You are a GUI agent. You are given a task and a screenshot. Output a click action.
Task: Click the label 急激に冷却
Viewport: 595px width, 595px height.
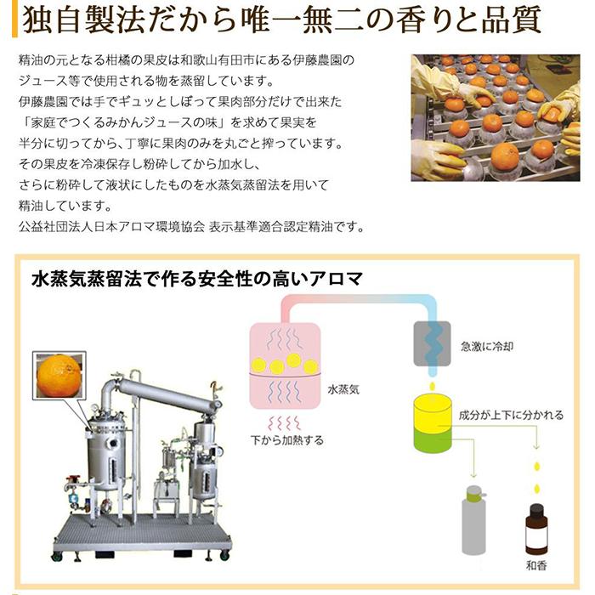click(x=486, y=347)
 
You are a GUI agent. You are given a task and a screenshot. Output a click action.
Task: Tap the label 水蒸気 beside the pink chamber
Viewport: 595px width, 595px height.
click(x=343, y=389)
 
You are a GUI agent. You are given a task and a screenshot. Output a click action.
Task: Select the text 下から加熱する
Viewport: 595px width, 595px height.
click(x=287, y=440)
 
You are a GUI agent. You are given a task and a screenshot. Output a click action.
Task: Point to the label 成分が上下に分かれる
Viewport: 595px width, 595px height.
click(x=511, y=415)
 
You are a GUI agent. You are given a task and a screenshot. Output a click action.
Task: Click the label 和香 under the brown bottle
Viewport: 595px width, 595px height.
click(x=536, y=565)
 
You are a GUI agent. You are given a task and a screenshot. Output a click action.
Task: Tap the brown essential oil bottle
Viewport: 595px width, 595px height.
click(x=536, y=528)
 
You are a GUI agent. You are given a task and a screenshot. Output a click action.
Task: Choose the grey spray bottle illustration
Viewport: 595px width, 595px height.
click(x=474, y=519)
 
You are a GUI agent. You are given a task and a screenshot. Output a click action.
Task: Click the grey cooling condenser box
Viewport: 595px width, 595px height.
click(x=432, y=343)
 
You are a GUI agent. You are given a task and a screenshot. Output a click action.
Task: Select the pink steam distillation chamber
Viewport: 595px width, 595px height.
click(x=285, y=365)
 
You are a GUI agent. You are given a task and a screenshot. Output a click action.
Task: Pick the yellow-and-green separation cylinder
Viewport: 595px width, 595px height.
click(x=432, y=423)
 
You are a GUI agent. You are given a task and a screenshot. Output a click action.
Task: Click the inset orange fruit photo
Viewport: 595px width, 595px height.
click(x=59, y=376)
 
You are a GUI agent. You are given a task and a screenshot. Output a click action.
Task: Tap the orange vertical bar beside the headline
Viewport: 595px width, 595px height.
click(x=14, y=19)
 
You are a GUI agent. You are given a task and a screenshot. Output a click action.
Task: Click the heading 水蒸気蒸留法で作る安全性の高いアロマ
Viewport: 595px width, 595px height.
click(x=197, y=280)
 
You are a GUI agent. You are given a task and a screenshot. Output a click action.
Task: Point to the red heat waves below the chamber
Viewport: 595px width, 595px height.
click(x=285, y=422)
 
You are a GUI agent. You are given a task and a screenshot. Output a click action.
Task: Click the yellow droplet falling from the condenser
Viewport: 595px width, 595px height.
click(x=432, y=386)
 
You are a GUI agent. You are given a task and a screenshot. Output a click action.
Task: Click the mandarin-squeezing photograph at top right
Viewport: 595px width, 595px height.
click(x=496, y=117)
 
